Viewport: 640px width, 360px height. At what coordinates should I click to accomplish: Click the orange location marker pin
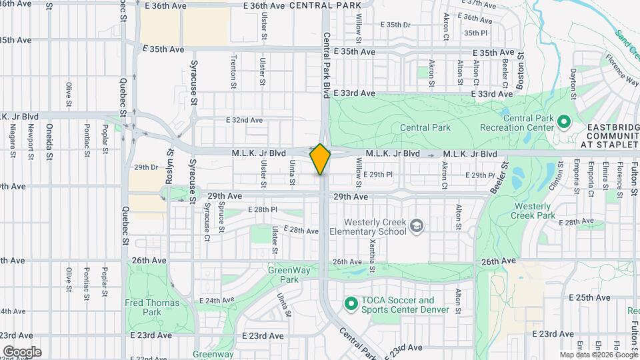point(321,159)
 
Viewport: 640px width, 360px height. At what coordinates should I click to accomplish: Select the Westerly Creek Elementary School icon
point(417,227)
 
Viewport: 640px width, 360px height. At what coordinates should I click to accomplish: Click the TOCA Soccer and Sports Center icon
point(351,304)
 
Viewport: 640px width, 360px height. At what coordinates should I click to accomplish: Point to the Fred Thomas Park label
point(143,307)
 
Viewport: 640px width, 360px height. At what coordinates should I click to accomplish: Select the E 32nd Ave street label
point(244,120)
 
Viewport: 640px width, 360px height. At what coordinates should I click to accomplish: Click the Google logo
point(22,351)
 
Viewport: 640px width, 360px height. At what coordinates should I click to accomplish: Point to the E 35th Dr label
point(397,25)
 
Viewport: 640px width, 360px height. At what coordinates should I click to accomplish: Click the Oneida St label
point(49,142)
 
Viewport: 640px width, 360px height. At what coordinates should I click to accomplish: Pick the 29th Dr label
point(145,167)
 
